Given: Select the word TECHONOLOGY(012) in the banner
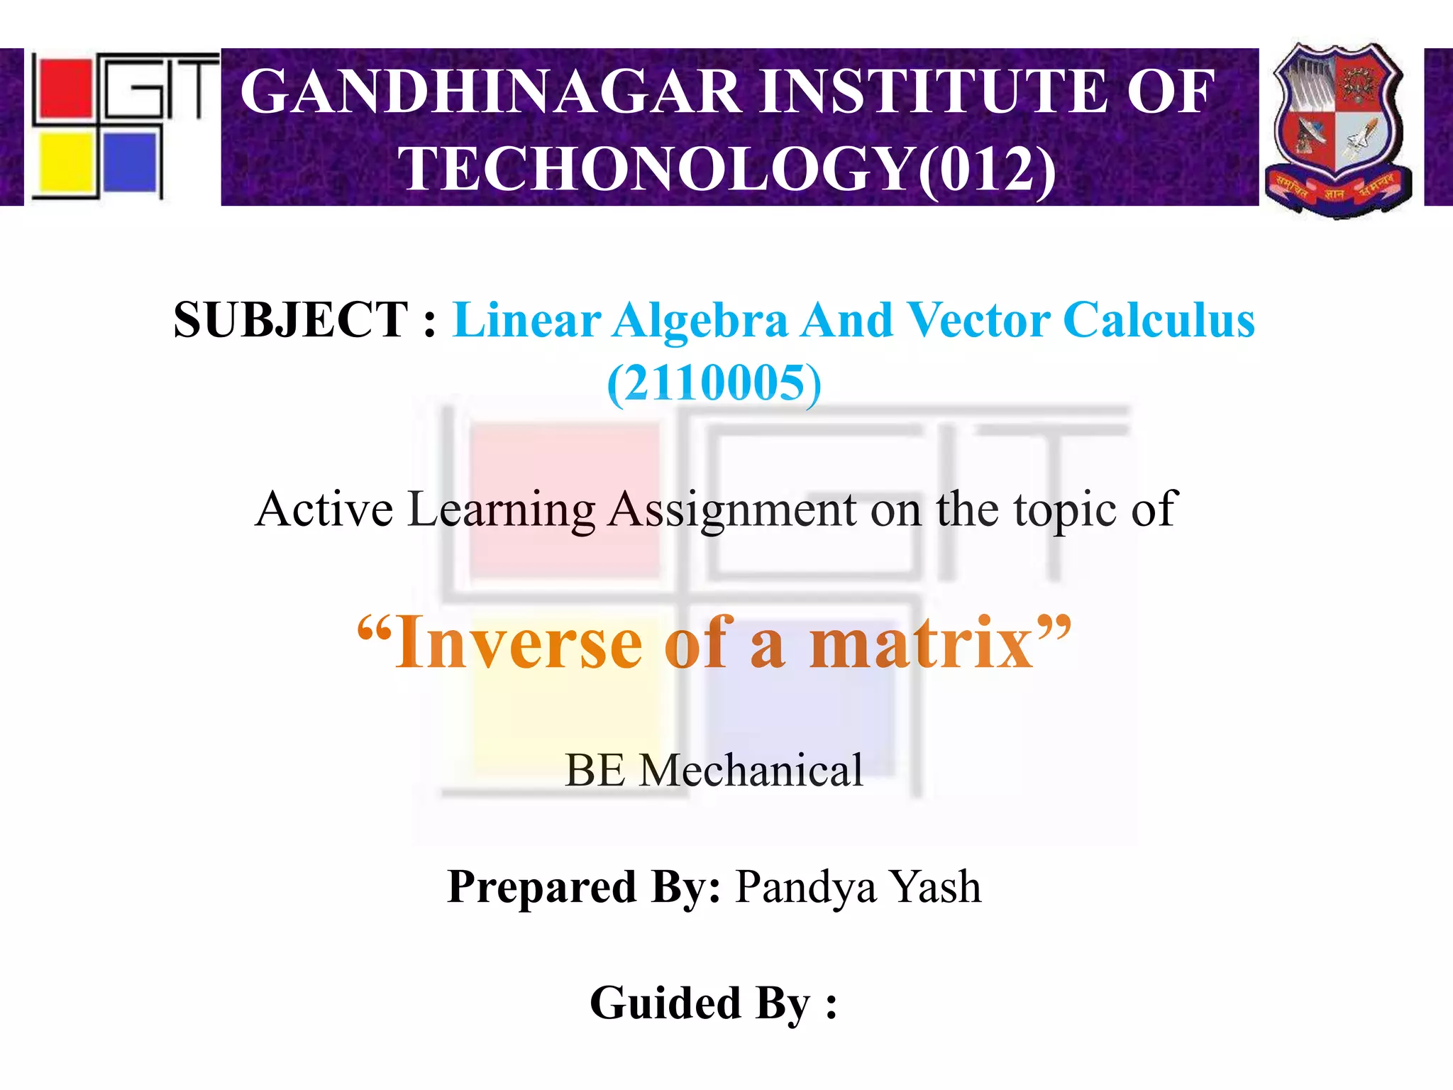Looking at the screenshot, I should (x=726, y=169).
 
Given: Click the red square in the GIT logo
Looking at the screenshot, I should (x=66, y=88).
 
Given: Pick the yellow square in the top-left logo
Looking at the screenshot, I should (x=65, y=164).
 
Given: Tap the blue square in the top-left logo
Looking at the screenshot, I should (x=131, y=163).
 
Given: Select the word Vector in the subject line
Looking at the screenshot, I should (x=979, y=320).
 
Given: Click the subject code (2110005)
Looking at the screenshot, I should (x=714, y=383).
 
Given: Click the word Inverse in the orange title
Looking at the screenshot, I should (x=518, y=643).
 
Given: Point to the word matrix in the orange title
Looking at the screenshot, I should (x=922, y=643).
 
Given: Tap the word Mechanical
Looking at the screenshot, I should (x=751, y=771).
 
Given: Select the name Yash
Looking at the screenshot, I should (x=936, y=887).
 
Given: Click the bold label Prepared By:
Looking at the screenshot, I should (x=584, y=887).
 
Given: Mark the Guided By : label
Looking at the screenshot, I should (x=713, y=1003).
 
